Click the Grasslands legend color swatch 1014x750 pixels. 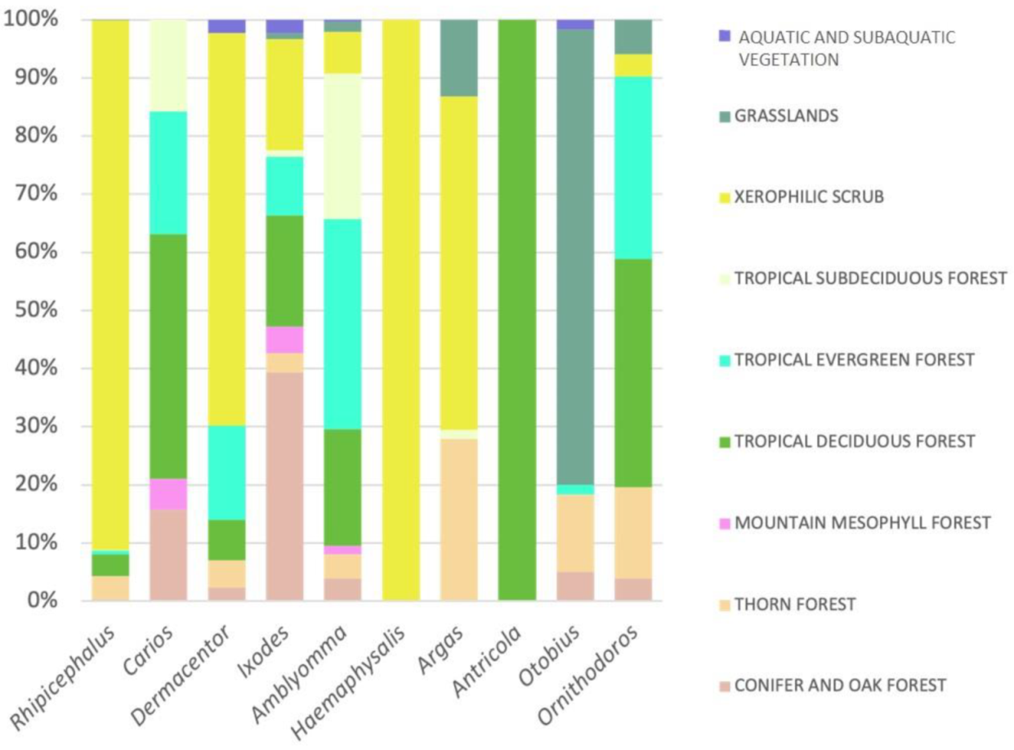[x=722, y=116]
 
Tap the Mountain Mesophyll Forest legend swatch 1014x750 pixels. [x=722, y=523]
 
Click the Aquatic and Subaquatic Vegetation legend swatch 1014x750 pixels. [x=722, y=37]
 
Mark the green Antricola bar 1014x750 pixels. [x=516, y=311]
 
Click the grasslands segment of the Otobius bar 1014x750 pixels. [x=574, y=254]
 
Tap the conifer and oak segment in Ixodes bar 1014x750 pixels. [x=284, y=487]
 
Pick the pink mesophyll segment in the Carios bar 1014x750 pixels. [x=168, y=494]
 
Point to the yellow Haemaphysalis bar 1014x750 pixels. [x=400, y=311]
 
